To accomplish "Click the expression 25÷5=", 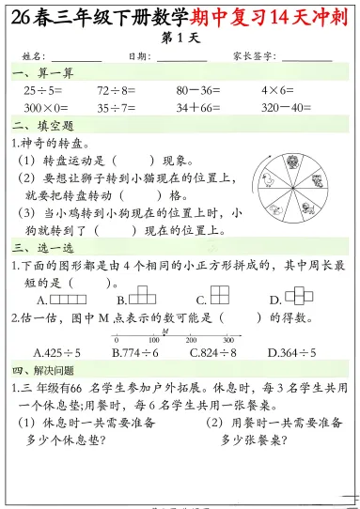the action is coord(44,90).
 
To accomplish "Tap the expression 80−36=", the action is coord(197,90).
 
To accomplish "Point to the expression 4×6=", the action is coord(279,90).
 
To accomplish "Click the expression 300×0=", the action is coord(48,107).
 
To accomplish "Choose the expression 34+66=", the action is coord(197,107).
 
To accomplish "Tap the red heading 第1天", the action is coord(180,38).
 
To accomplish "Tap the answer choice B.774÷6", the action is coord(135,353).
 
